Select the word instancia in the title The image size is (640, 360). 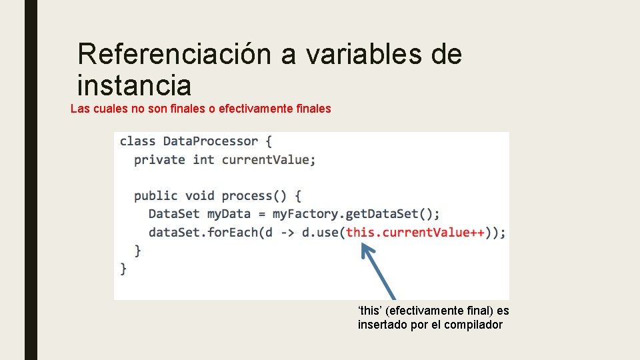click(134, 85)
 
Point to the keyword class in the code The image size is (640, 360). click(137, 141)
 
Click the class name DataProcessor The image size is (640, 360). click(210, 141)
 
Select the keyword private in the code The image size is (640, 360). click(159, 160)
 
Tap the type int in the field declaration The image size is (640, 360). click(203, 160)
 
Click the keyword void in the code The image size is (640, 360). click(200, 196)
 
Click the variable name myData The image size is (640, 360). click(229, 214)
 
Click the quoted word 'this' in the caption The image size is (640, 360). click(370, 311)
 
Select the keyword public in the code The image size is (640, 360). click(155, 196)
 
